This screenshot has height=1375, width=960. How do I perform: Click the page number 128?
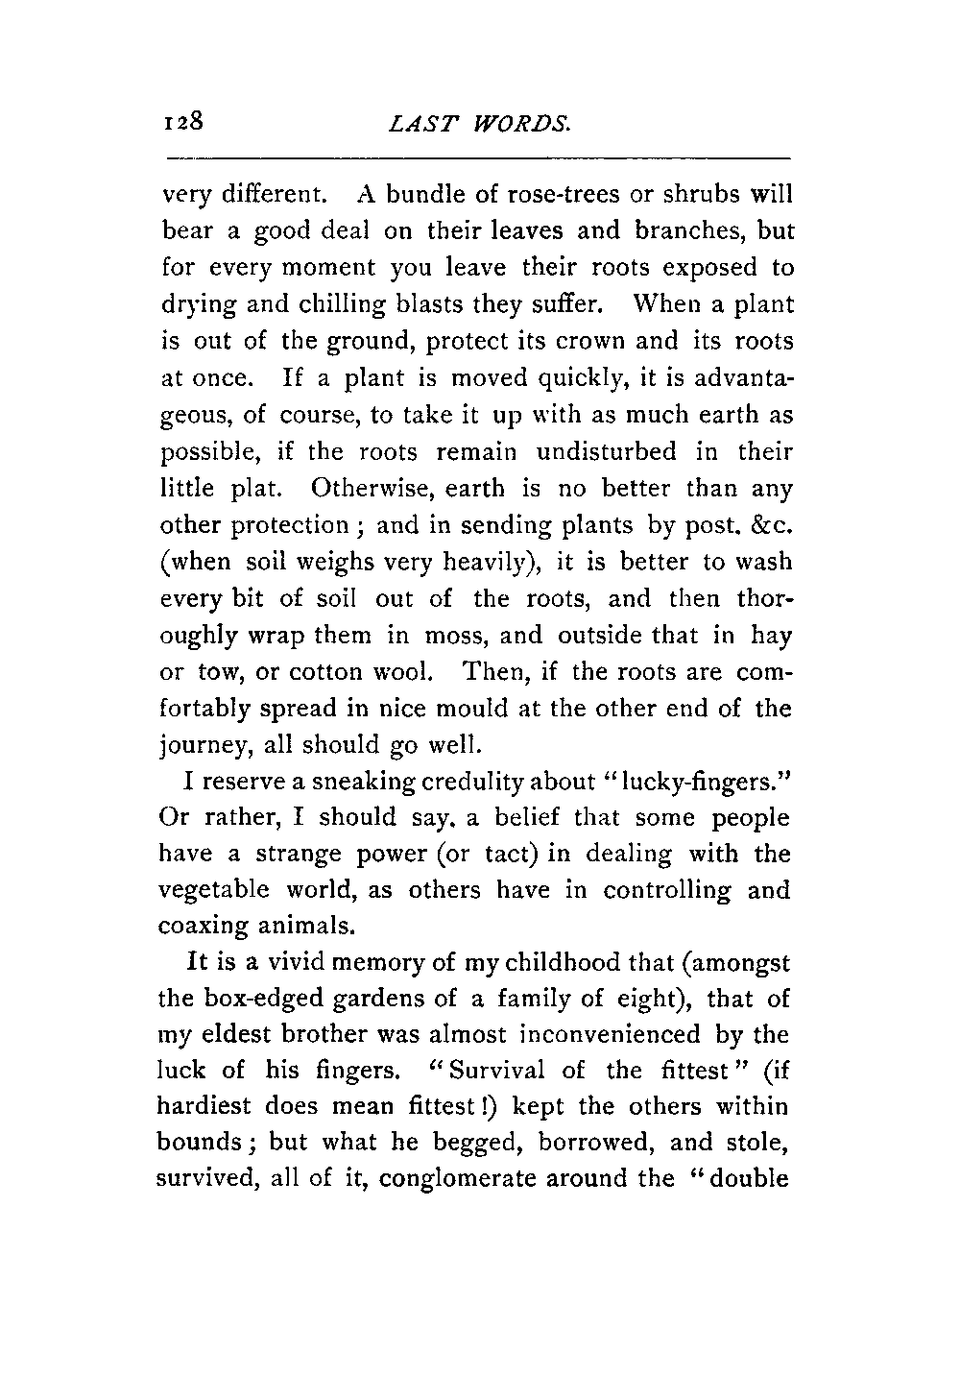(181, 122)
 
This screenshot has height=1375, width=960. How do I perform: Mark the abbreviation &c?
(770, 525)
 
